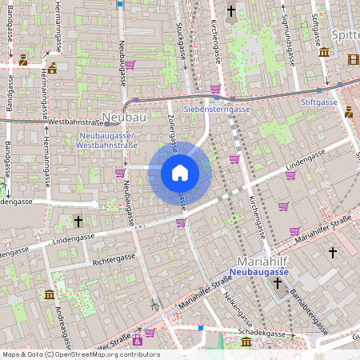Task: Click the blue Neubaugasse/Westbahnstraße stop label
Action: point(108,140)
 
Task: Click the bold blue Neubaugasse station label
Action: point(258,272)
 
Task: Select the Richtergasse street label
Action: point(114,259)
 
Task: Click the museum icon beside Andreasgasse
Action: point(50,295)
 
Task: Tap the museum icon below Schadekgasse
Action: point(246,342)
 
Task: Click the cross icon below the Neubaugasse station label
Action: point(277,282)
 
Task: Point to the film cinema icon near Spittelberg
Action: point(354,58)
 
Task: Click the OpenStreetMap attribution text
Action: point(80,354)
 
